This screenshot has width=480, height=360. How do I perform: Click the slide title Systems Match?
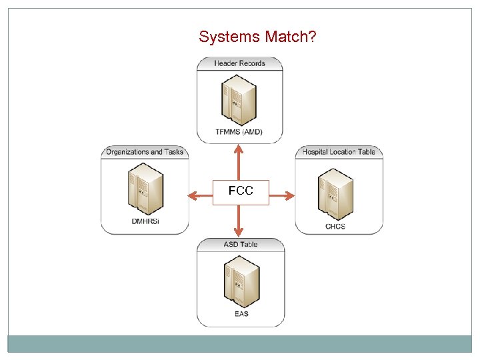[x=257, y=37]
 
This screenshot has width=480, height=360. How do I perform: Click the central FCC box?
[x=241, y=192]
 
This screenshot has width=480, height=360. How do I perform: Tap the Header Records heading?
[x=240, y=63]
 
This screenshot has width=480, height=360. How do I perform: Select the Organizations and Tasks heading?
[x=145, y=151]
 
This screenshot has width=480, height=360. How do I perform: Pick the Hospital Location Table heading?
[x=339, y=151]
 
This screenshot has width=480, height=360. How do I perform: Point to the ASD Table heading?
[x=241, y=244]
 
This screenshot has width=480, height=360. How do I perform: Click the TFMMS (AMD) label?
[x=239, y=132]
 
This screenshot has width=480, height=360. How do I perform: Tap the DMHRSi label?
[x=144, y=221]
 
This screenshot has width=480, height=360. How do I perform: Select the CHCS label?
[x=335, y=226]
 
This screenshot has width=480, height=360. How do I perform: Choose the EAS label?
[x=241, y=313]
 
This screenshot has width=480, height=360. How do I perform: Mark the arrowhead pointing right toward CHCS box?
[x=289, y=195]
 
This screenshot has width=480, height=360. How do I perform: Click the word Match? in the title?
[x=290, y=37]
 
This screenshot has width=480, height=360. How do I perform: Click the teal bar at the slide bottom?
[x=240, y=343]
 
